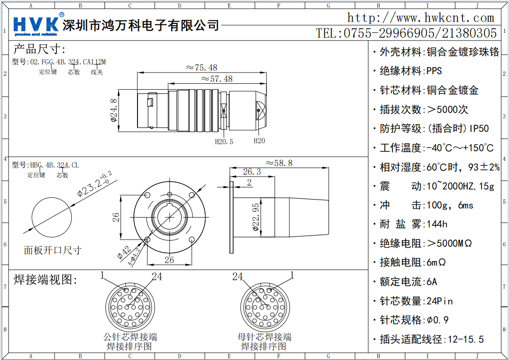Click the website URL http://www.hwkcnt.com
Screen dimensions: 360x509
[420, 18]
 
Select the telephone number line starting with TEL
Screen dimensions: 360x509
[406, 33]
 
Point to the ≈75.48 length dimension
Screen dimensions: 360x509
[202, 68]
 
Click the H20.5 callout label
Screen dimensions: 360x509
[224, 141]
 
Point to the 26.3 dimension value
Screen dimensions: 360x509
[252, 172]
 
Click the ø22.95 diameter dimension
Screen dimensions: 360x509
[256, 217]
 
